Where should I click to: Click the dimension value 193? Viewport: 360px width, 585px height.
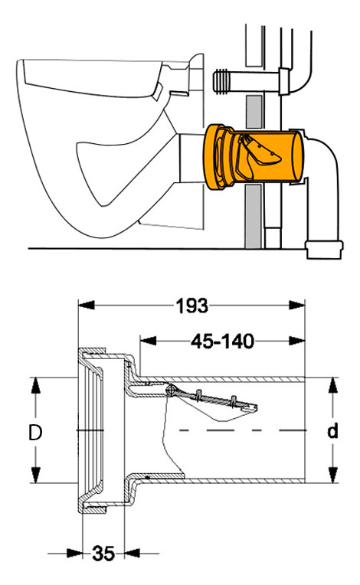click(191, 306)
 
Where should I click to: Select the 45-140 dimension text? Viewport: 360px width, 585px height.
click(223, 341)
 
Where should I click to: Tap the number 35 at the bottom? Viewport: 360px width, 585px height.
click(103, 554)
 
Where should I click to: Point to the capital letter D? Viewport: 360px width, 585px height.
click(35, 433)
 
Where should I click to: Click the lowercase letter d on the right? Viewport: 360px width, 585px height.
click(332, 431)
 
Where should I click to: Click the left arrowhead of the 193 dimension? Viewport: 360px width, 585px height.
click(87, 306)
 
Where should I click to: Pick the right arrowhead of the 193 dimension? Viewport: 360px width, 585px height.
click(297, 306)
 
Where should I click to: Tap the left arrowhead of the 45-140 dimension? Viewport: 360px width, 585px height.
click(148, 341)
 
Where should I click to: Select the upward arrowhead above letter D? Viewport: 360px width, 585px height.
click(35, 385)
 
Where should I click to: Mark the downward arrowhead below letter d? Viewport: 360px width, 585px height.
click(332, 475)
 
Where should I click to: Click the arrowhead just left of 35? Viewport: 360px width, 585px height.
click(74, 553)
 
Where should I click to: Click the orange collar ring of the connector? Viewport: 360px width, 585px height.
click(214, 157)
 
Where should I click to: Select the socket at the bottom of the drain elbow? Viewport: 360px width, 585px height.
click(324, 250)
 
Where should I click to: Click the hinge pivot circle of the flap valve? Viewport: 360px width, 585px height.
click(172, 390)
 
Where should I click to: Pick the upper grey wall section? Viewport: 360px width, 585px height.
click(254, 112)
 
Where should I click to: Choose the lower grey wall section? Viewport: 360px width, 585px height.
click(254, 217)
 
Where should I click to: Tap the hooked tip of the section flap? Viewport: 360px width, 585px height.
click(252, 407)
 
